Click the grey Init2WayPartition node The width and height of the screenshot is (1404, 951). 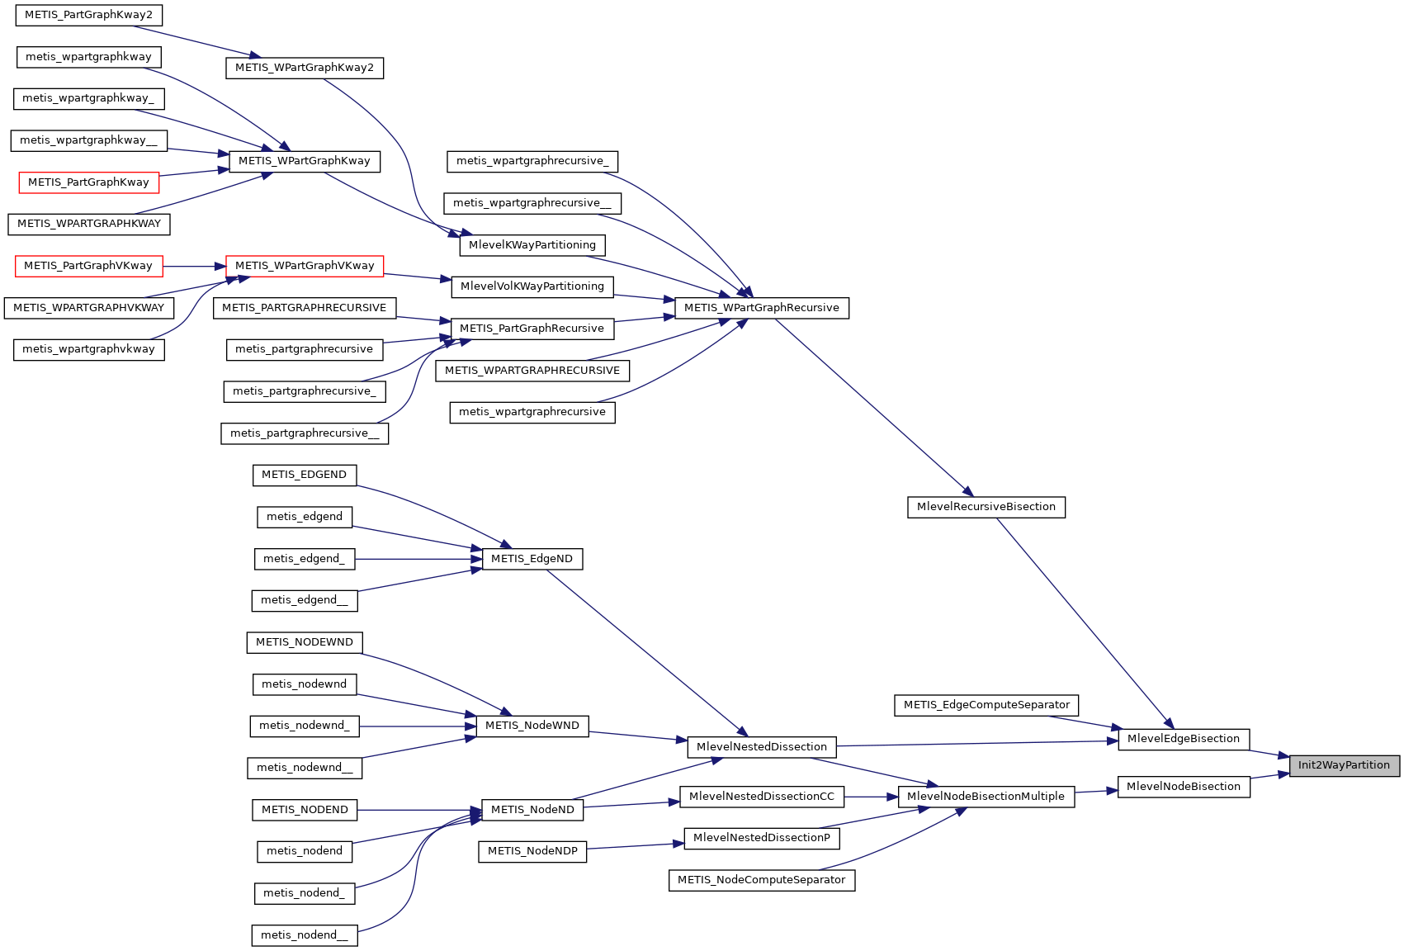pyautogui.click(x=1345, y=765)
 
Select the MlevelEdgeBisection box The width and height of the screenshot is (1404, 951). pyautogui.click(x=1183, y=739)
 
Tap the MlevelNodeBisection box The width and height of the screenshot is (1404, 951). pyautogui.click(x=1183, y=787)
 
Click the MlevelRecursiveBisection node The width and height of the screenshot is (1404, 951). pyautogui.click(x=986, y=507)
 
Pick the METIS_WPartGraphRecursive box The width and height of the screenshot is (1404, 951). pyautogui.click(x=761, y=308)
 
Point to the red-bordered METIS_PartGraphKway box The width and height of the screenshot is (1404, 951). pyautogui.click(x=88, y=182)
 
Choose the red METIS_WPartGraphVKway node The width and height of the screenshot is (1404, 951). pyautogui.click(x=305, y=266)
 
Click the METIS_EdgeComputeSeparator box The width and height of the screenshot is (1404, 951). pyautogui.click(x=986, y=705)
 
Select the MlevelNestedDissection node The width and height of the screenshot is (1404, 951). pyautogui.click(x=761, y=747)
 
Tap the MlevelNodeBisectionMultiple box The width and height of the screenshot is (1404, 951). pyautogui.click(x=986, y=797)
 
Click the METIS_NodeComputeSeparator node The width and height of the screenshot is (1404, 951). pyautogui.click(x=761, y=880)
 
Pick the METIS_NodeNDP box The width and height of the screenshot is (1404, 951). pyautogui.click(x=532, y=851)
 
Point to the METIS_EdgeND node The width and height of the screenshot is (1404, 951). pyautogui.click(x=532, y=559)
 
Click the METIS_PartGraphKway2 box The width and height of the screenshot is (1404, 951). pyautogui.click(x=88, y=15)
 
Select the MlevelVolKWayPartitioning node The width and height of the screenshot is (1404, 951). pyautogui.click(x=532, y=286)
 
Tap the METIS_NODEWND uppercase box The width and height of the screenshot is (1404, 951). pyautogui.click(x=304, y=642)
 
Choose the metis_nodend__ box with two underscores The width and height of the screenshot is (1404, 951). pyautogui.click(x=304, y=935)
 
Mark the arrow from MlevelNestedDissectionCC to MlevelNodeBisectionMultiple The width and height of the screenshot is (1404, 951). pyautogui.click(x=871, y=797)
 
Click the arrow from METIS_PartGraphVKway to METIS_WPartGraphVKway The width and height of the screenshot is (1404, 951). pyautogui.click(x=194, y=266)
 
